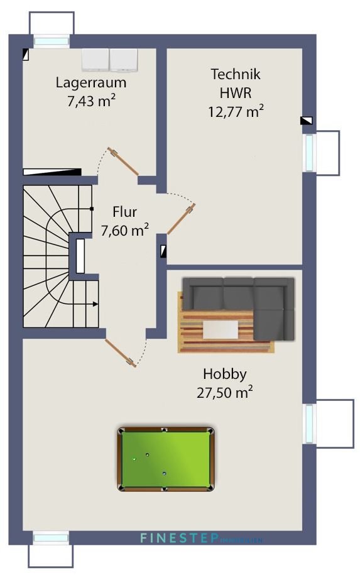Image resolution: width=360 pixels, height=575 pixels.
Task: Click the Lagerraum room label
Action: pos(91,82)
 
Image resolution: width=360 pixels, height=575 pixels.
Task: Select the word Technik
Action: pos(235,74)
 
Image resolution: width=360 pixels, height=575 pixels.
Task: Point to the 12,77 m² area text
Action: pos(235,112)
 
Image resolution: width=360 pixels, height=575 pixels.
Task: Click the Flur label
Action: pos(124,212)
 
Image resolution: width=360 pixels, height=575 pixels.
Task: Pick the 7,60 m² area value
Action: pos(124,231)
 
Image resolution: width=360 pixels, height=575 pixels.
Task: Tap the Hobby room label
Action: pos(224,374)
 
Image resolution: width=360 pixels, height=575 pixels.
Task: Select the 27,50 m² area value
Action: pos(224,393)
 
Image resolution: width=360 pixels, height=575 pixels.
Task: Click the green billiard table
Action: pos(165,459)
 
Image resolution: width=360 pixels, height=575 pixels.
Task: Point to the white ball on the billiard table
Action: pos(134,459)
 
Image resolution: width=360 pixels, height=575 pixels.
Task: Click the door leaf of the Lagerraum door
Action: pos(123,161)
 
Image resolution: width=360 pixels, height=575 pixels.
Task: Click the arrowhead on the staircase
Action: pos(95,304)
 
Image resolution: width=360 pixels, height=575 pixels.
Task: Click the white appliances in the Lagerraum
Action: pos(110,59)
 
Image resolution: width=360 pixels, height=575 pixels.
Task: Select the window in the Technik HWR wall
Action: pos(310,152)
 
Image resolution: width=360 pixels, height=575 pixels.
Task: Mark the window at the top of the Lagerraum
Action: pos(52,41)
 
